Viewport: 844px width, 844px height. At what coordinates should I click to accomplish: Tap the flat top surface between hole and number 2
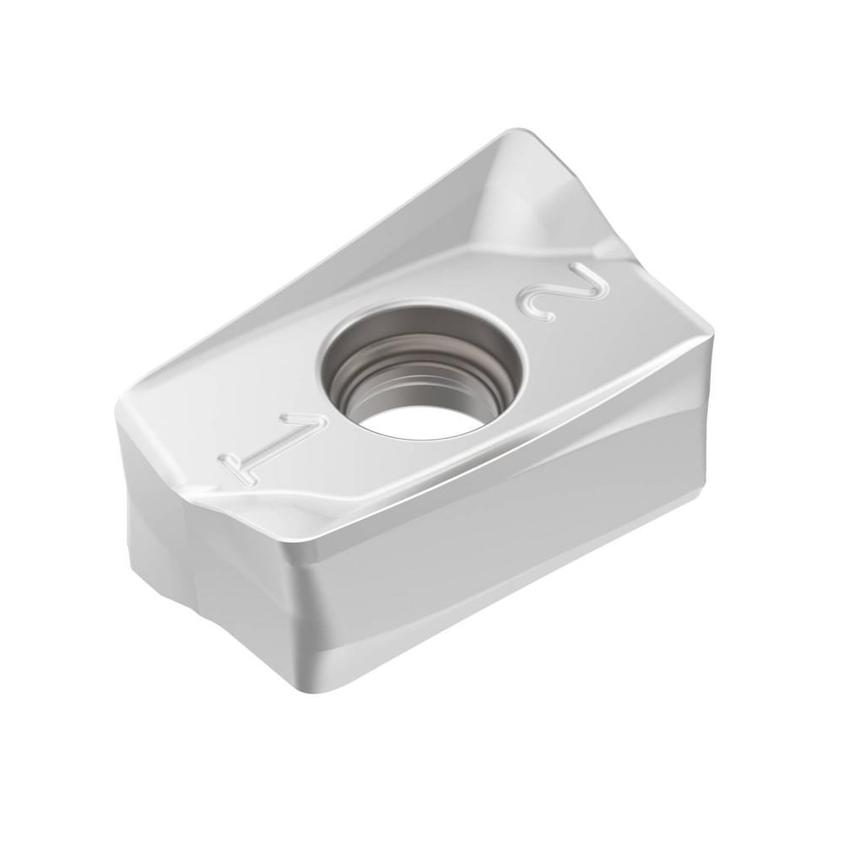(x=506, y=329)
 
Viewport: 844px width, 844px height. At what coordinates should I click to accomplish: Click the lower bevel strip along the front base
(x=506, y=616)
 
